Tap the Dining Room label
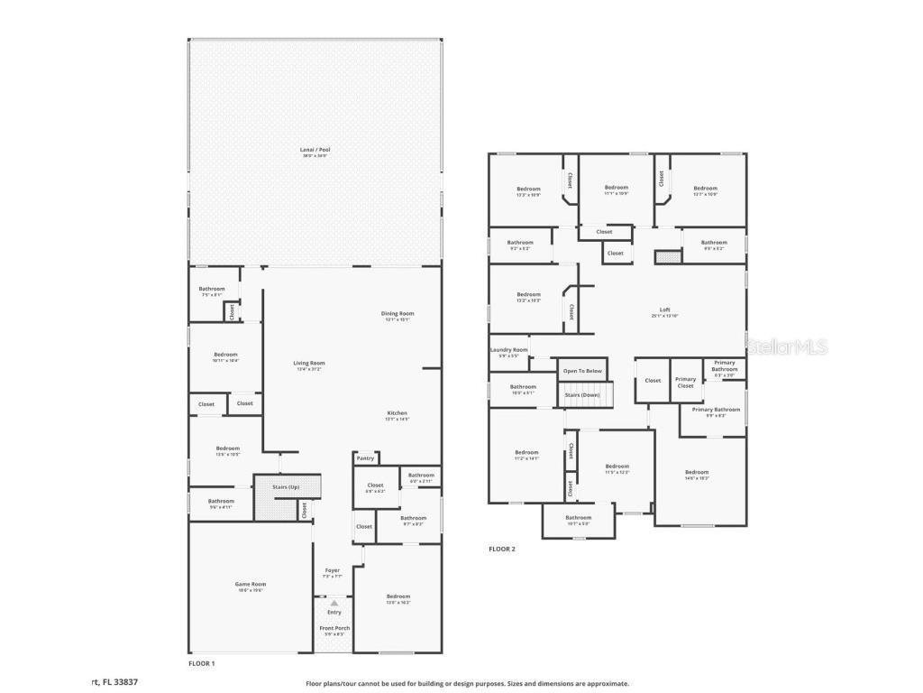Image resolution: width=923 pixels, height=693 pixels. (x=398, y=314)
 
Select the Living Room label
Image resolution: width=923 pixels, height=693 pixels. (x=308, y=363)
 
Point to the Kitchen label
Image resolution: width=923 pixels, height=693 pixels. (x=398, y=413)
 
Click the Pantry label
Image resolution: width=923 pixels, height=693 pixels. (x=365, y=458)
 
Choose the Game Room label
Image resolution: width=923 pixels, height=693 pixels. (x=251, y=584)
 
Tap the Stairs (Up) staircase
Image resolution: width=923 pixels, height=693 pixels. (x=288, y=497)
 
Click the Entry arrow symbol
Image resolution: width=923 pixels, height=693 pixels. (x=334, y=603)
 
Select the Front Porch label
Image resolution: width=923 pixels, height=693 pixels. (x=334, y=628)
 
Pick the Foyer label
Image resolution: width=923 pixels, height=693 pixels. (x=333, y=570)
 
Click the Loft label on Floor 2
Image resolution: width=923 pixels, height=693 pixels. (x=664, y=310)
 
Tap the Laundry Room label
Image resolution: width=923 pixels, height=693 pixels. (x=508, y=350)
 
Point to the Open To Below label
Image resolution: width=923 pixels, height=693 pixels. (x=582, y=371)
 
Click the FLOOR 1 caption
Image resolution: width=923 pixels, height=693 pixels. (x=201, y=663)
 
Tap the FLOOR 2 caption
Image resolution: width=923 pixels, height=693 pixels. (x=502, y=549)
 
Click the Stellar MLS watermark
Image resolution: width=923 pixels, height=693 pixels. (x=788, y=346)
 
